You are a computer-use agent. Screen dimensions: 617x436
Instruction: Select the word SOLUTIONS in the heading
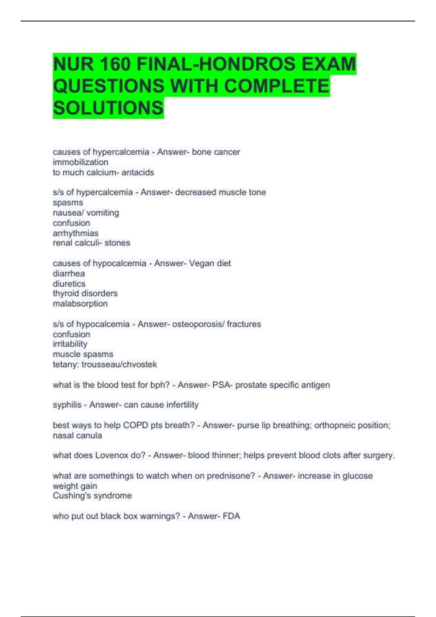click(x=108, y=108)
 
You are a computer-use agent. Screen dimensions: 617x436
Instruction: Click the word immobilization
click(x=80, y=162)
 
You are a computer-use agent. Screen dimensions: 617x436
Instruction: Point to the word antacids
click(x=138, y=172)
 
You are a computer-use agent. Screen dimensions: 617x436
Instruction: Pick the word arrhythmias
click(x=76, y=233)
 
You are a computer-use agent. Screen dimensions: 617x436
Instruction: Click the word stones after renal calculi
click(x=117, y=243)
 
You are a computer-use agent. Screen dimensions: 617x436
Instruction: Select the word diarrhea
click(x=69, y=273)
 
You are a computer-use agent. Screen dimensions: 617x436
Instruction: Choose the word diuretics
click(x=69, y=283)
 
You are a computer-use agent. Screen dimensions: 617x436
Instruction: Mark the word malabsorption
click(x=80, y=303)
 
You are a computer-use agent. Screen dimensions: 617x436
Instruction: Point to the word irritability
click(x=70, y=344)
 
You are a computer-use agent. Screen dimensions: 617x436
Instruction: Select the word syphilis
click(x=67, y=405)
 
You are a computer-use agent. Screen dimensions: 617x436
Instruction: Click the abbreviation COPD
click(x=136, y=425)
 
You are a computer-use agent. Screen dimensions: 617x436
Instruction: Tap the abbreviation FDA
click(x=231, y=516)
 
